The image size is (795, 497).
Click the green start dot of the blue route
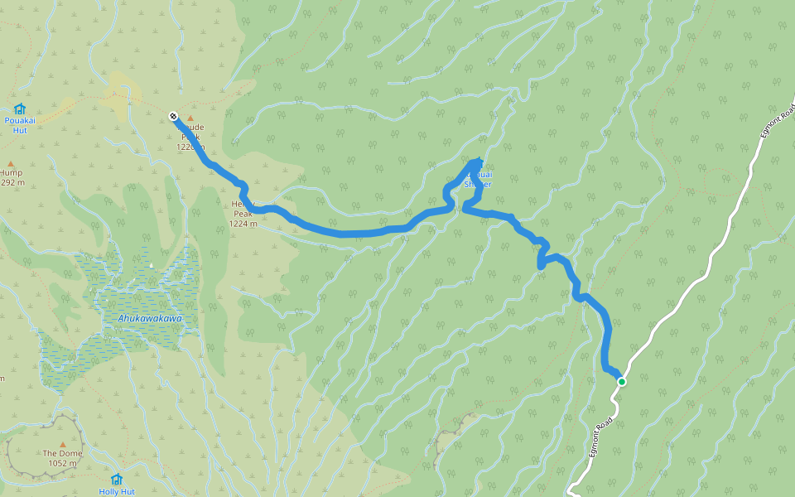[x=621, y=381]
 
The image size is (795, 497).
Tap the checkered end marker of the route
[x=173, y=116]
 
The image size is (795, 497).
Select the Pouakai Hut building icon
[x=19, y=109]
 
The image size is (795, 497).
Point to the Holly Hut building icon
[x=116, y=479]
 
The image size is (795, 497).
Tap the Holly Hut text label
[x=116, y=491]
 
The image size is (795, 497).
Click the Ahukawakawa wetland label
[x=149, y=318]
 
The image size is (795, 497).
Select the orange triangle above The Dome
[x=62, y=444]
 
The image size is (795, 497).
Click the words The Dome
[x=62, y=454]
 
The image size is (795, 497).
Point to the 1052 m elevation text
[x=62, y=464]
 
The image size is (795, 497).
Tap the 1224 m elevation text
[x=243, y=223]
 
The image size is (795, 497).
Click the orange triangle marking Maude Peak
[x=190, y=118]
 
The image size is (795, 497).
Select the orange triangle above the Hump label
[x=11, y=163]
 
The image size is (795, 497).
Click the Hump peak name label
[x=10, y=172]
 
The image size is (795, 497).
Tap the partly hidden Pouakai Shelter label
[x=479, y=180]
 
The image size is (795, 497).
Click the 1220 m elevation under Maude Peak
[x=189, y=147]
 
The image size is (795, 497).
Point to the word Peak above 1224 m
[x=242, y=213]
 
